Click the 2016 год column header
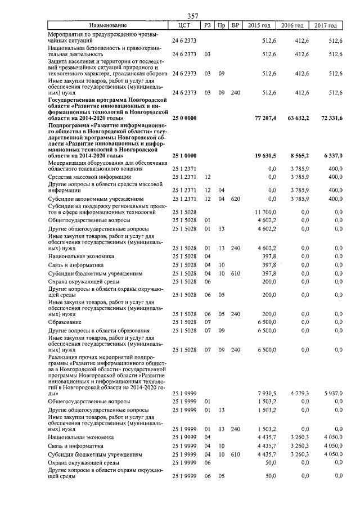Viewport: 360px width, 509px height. [x=292, y=25]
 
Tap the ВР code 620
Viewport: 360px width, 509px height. [x=235, y=199]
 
